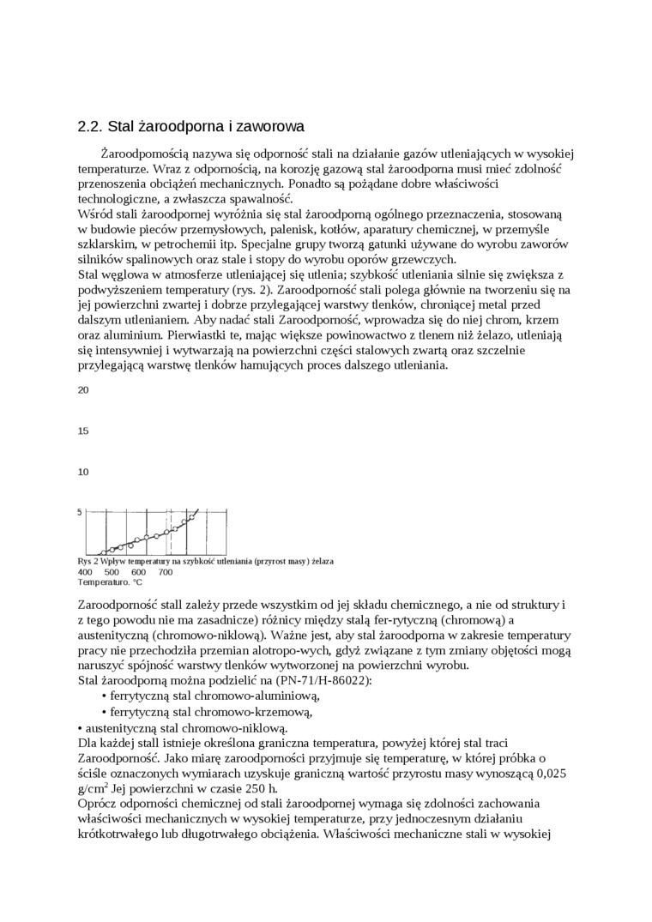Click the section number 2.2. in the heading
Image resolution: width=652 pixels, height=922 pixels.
tap(90, 127)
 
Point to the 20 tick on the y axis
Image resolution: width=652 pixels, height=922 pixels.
tap(83, 390)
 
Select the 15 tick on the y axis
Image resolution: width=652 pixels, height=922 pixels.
tap(83, 431)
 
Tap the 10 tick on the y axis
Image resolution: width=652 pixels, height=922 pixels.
tap(83, 472)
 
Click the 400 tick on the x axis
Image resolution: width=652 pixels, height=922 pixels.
tap(85, 572)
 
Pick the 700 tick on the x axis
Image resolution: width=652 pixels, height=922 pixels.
tap(165, 572)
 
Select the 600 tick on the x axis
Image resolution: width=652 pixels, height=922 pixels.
tap(138, 572)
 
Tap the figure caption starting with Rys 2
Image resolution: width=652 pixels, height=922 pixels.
tap(205, 561)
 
